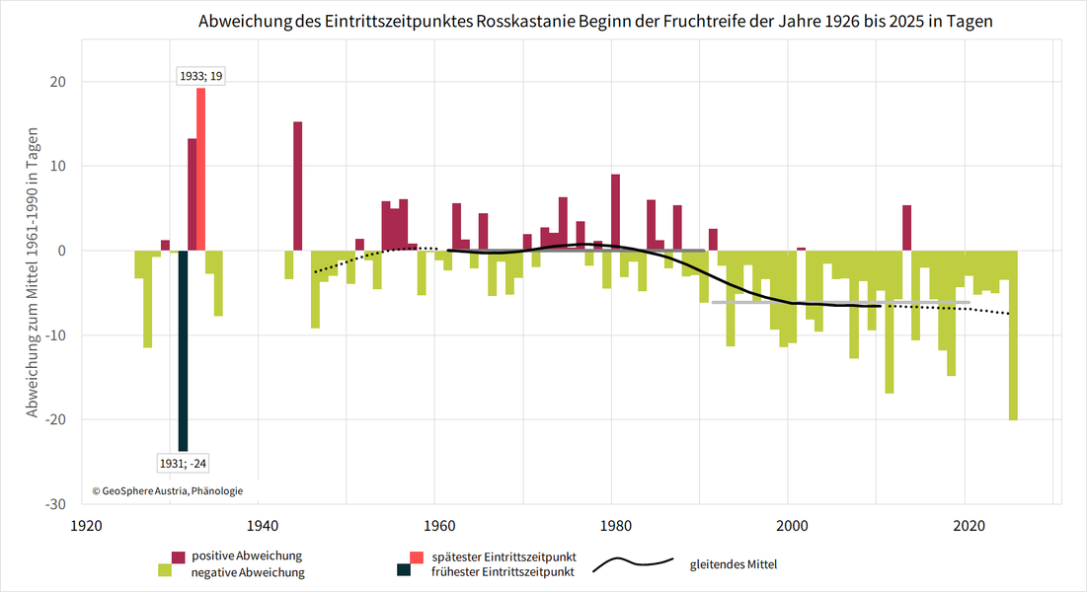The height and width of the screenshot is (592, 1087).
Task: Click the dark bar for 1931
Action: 183,350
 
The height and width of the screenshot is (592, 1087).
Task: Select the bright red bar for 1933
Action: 200,169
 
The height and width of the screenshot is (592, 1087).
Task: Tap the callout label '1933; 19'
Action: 200,75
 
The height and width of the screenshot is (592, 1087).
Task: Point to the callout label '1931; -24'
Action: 184,462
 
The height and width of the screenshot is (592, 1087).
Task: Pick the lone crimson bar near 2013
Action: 906,228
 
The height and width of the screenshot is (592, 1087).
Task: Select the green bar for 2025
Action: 1013,335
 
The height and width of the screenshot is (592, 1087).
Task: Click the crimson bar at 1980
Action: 615,212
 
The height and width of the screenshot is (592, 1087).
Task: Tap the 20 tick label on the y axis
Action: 59,82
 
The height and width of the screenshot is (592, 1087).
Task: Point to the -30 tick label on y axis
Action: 55,504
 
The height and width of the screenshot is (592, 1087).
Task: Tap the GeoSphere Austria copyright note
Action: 168,490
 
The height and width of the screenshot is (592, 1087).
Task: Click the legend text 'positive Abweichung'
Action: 247,555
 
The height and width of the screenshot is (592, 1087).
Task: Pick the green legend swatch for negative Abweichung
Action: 165,570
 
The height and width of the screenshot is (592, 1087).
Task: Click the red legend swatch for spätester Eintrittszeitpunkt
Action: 403,555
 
